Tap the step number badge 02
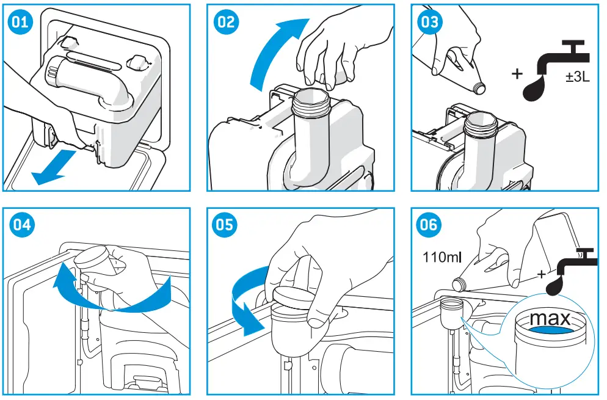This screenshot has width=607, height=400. coord(224,21)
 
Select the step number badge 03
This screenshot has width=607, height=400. coord(428,21)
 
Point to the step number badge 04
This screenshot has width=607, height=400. coord(21,225)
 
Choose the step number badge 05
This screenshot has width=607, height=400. coord(224,225)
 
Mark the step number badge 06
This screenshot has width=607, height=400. coord(428,225)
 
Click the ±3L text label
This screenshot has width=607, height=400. coord(576,79)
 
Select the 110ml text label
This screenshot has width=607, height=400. coord(442,257)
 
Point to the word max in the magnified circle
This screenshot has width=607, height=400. coord(550,318)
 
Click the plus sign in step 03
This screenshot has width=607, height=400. coord(517,75)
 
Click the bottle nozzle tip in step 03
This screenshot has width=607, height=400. coord(481,88)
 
